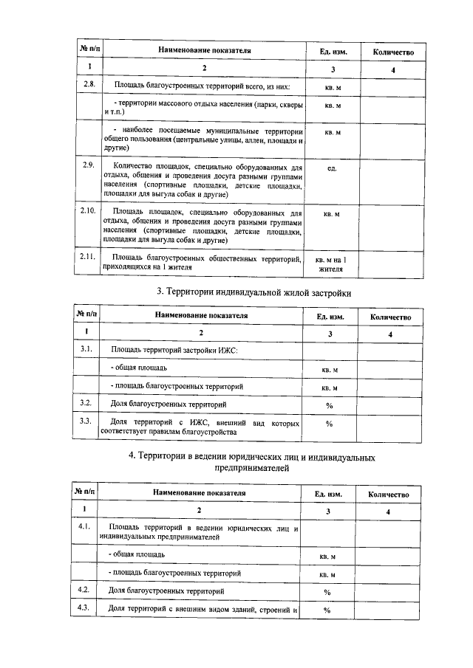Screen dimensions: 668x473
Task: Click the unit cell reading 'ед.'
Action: pyautogui.click(x=332, y=168)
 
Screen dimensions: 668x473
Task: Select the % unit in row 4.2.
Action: pyautogui.click(x=326, y=592)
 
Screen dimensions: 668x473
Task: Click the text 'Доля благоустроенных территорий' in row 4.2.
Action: pyautogui.click(x=162, y=591)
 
